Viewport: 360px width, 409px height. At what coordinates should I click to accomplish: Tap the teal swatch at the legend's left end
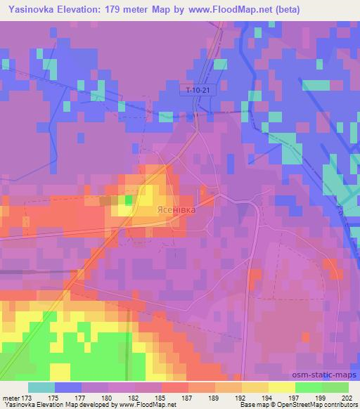point(41,387)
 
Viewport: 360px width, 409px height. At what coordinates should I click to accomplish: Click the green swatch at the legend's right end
point(335,387)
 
